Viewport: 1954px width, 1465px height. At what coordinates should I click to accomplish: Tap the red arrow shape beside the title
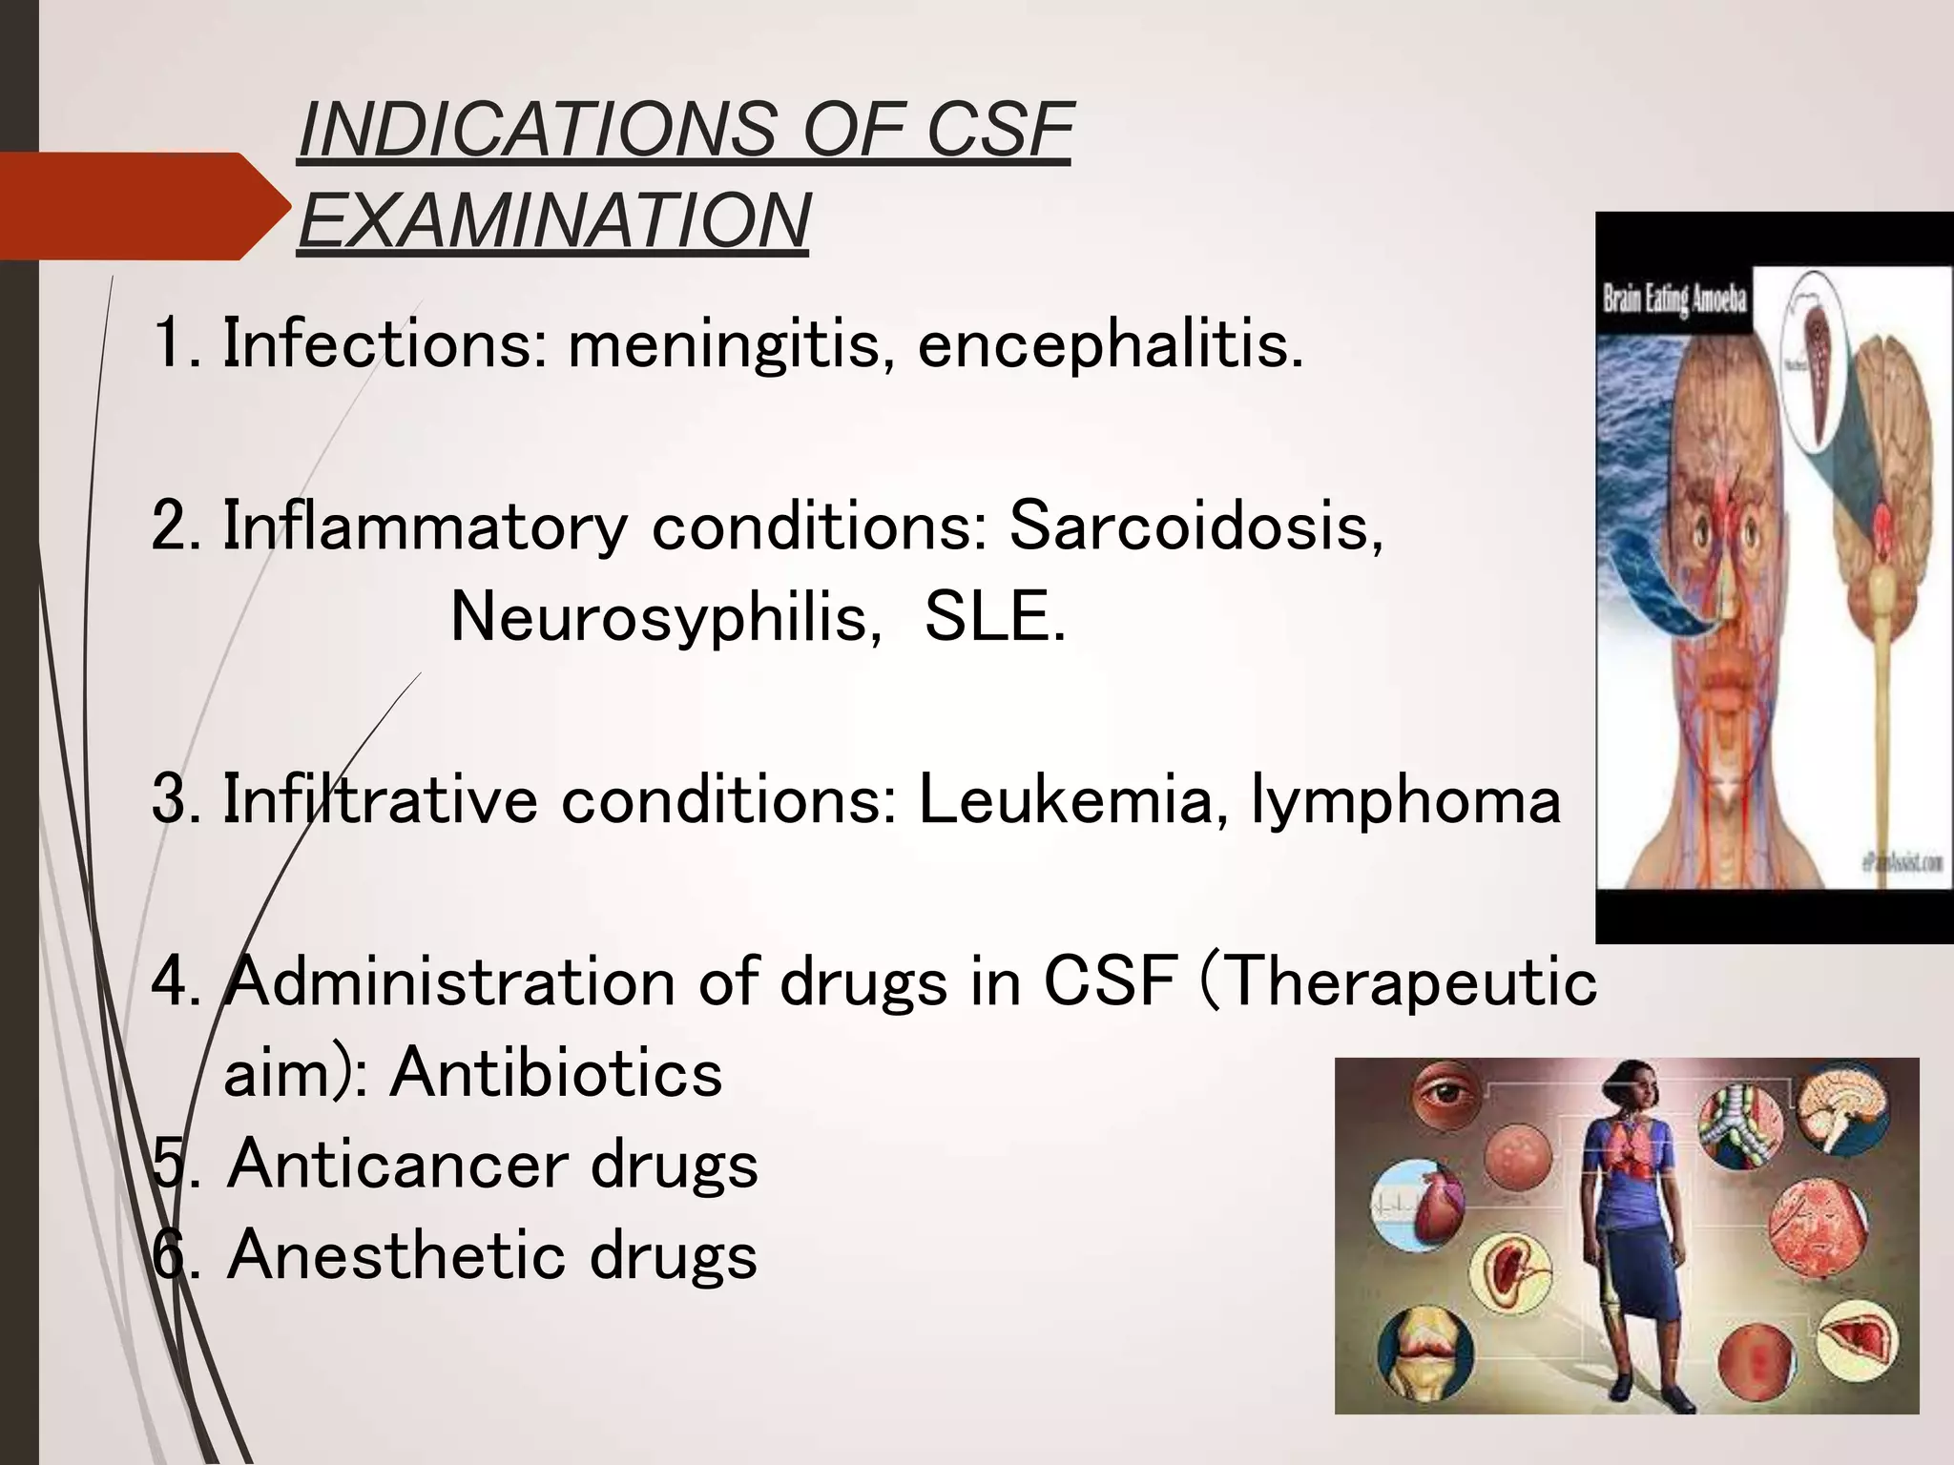[x=143, y=206]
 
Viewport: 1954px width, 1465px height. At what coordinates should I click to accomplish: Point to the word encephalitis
[x=1110, y=344]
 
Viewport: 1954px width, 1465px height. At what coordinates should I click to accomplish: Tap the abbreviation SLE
[x=993, y=618]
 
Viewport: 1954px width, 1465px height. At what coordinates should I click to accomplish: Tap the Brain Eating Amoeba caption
[x=1674, y=299]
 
